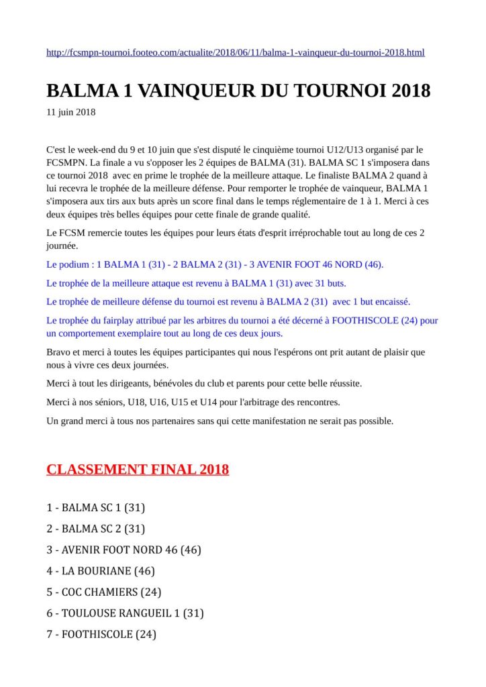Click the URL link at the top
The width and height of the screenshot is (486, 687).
235,52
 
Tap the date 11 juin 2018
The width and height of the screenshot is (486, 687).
71,112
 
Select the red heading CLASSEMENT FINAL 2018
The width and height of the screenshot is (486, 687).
138,469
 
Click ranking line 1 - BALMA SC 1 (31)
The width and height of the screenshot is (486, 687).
96,507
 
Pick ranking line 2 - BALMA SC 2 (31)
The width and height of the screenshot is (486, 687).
96,529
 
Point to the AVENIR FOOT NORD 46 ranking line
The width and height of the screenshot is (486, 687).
124,549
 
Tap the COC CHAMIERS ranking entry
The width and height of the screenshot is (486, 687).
103,592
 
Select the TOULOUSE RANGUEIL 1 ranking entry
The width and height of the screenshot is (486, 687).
125,613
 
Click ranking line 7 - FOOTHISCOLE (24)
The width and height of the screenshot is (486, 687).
101,634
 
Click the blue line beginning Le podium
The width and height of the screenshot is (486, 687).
215,264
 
